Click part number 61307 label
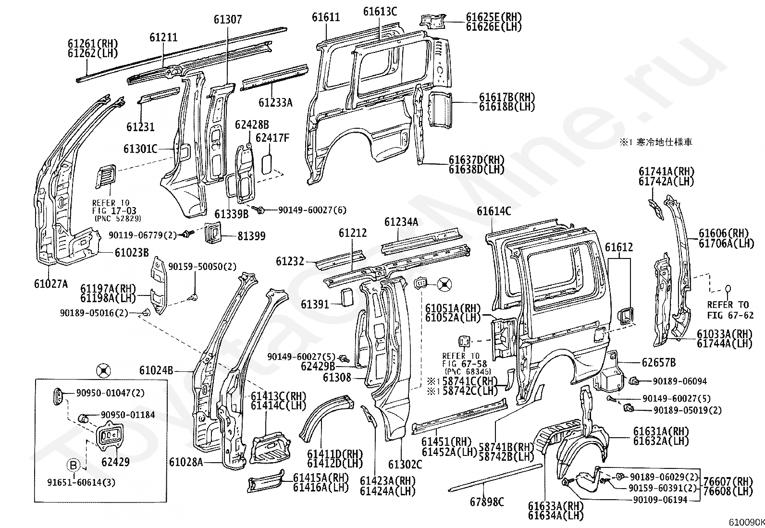(x=228, y=20)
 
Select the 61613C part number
(x=380, y=12)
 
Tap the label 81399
(x=252, y=236)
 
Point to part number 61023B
(x=132, y=253)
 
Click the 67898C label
(x=487, y=502)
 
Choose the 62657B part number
(x=659, y=362)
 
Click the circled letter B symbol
(x=73, y=465)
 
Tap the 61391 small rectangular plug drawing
(x=347, y=297)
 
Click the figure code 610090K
(x=747, y=523)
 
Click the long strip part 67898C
(x=495, y=478)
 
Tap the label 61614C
(x=494, y=211)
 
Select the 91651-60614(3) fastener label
(x=81, y=482)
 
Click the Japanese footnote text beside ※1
(x=664, y=142)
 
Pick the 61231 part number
(x=140, y=127)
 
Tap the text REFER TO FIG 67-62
(x=730, y=310)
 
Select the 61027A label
(x=51, y=284)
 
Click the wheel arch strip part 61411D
(x=326, y=417)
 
